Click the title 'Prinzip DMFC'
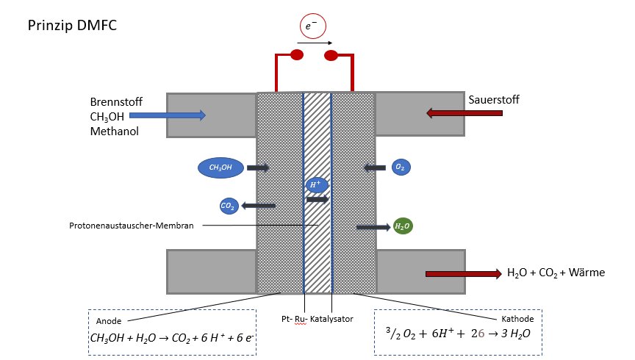pos(72,26)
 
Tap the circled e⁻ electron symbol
pos(312,26)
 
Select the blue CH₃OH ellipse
pos(220,168)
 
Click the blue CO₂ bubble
pos(229,206)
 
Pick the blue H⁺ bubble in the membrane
pos(316,184)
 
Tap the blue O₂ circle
pos(401,167)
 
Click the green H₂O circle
pos(403,226)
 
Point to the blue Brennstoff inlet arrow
pos(168,115)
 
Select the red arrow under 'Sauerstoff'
pos(464,113)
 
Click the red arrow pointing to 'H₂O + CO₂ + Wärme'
pos(464,274)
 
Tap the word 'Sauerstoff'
pos(494,100)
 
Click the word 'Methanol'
pos(115,132)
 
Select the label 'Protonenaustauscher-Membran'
pos(132,226)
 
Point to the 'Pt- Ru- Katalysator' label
pos(317,319)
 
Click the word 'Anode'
pos(109,321)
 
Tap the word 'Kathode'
pos(517,319)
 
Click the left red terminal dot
pos(297,55)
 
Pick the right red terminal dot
pos(331,56)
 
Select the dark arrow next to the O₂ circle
pos(375,168)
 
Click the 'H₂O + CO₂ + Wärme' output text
pos(556,273)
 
